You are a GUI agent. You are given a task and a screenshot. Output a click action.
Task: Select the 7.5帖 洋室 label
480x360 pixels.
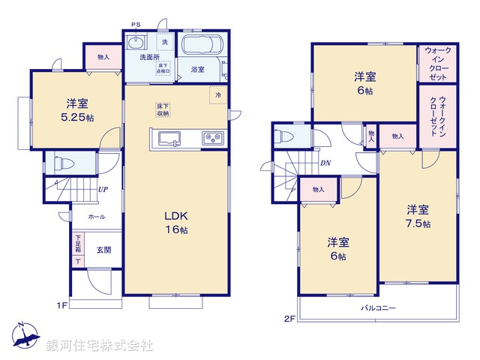[x=418, y=216]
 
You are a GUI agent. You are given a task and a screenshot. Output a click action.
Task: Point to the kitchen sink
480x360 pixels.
[x=167, y=138]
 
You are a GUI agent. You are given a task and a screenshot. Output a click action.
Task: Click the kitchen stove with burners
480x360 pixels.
[x=211, y=138]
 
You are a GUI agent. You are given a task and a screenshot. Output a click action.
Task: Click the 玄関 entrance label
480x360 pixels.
[x=103, y=250]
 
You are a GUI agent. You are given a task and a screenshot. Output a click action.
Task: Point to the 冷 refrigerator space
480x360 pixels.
[x=218, y=95]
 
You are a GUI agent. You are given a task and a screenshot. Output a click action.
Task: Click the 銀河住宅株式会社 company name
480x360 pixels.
[x=100, y=346]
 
